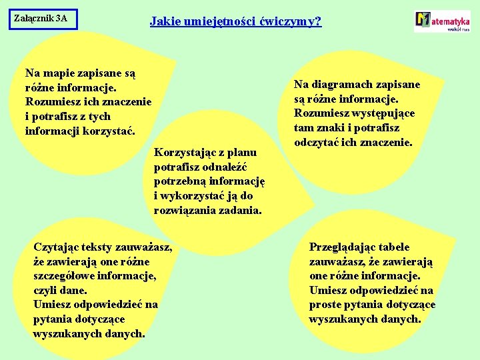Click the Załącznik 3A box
tap(44, 19)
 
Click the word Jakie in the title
tap(163, 21)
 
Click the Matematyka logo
tap(442, 21)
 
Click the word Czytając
tap(57, 247)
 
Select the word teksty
tap(99, 247)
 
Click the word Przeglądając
tap(343, 247)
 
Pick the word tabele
tap(395, 247)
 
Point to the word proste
tap(327, 305)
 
